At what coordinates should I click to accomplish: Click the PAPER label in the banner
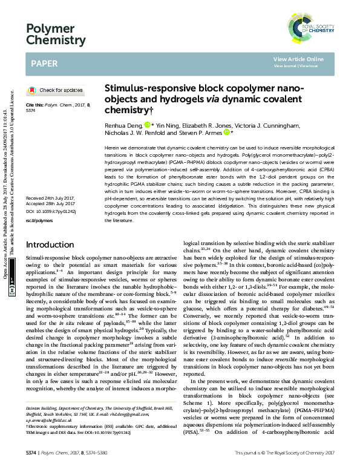(x=44, y=62)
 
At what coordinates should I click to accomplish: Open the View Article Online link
(x=298, y=59)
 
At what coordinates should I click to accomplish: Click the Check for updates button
(x=56, y=90)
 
